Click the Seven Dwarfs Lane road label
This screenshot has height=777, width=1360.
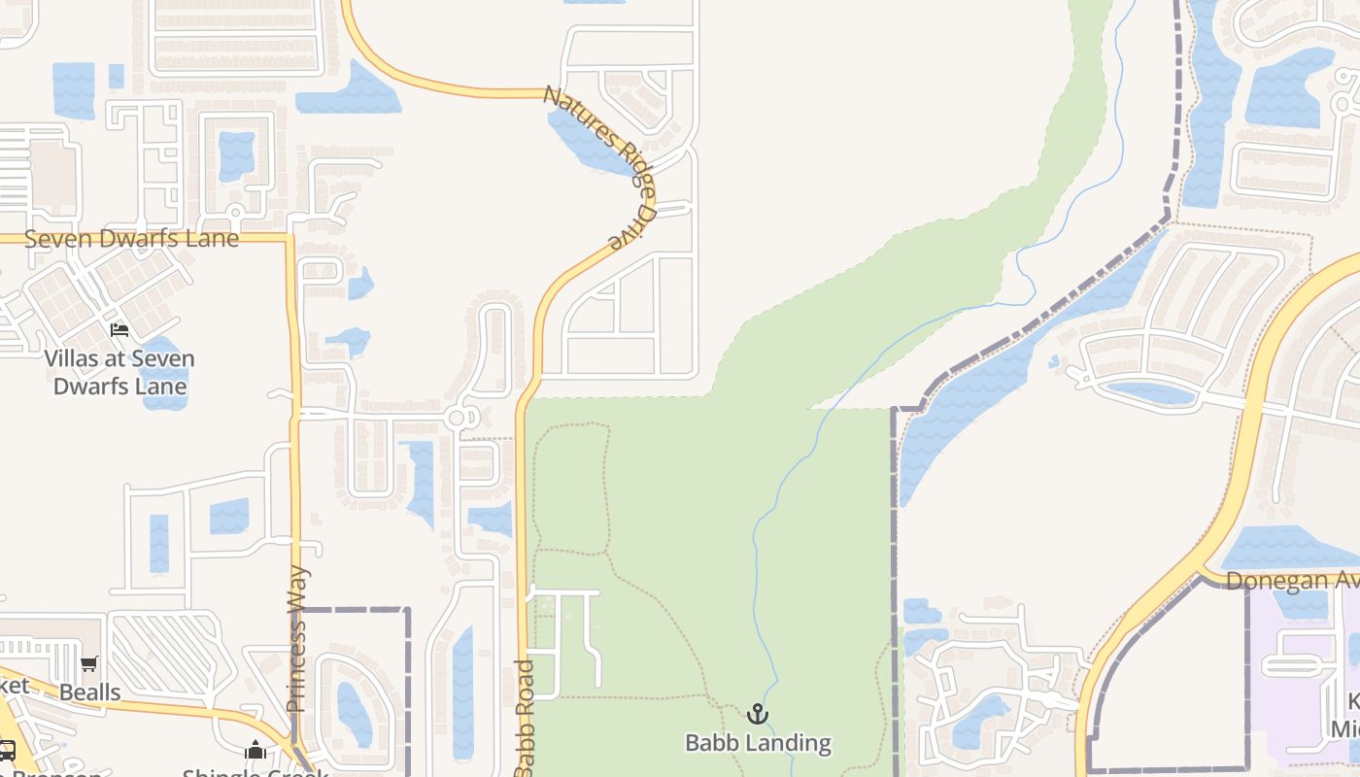tap(131, 238)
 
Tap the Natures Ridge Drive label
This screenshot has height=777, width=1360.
tap(598, 166)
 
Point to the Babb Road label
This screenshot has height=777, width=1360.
tap(525, 719)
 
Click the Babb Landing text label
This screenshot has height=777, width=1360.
tap(758, 743)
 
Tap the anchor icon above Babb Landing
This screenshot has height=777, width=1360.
tap(758, 715)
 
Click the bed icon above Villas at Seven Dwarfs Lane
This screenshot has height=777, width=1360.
tap(119, 330)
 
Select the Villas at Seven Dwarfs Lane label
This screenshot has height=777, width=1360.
tap(119, 372)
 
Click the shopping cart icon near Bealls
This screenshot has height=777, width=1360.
tap(89, 664)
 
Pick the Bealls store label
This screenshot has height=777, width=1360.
tap(90, 693)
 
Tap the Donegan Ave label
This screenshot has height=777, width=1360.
tap(1292, 581)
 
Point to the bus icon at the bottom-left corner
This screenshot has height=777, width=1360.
tap(7, 750)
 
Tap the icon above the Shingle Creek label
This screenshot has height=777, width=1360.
tap(255, 750)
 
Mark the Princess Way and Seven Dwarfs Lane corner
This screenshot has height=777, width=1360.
tap(289, 236)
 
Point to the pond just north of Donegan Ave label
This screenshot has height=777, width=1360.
tap(1282, 549)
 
